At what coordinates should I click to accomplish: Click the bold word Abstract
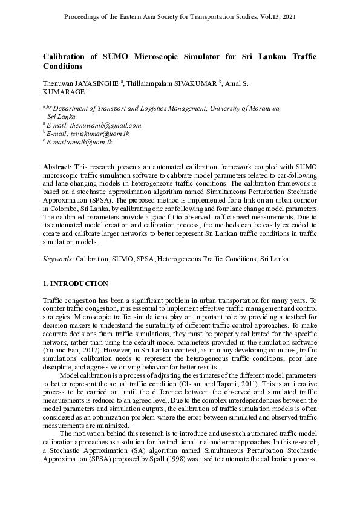[57, 166]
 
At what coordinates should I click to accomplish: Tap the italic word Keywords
[57, 259]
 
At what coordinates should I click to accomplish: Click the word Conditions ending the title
[62, 66]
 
